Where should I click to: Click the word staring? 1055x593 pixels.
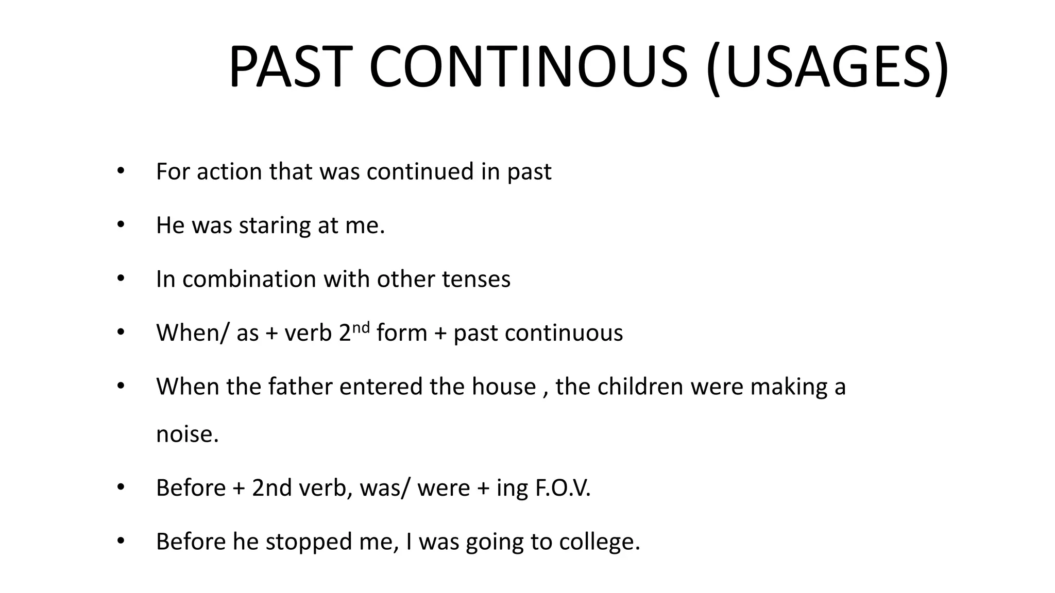pyautogui.click(x=275, y=226)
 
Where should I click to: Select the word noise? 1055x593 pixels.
pyautogui.click(x=188, y=434)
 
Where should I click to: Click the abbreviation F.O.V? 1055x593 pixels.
pyautogui.click(x=563, y=488)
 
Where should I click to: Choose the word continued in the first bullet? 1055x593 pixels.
pyautogui.click(x=420, y=171)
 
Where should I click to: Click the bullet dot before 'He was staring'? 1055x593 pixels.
pyautogui.click(x=121, y=225)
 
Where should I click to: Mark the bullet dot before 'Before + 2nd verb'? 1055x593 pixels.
pyautogui.click(x=121, y=487)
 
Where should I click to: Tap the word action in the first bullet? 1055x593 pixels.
pyautogui.click(x=229, y=171)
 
